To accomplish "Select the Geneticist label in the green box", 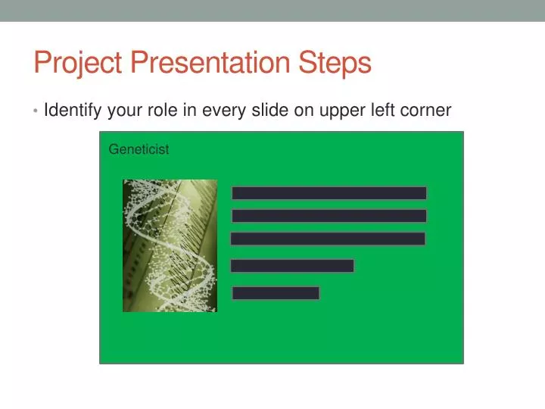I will click(139, 149).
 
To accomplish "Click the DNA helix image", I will click(170, 245).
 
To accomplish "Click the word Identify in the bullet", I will click(73, 111).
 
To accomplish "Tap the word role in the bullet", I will click(160, 111).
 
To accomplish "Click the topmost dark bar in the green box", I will click(329, 193).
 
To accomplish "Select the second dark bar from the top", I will click(329, 216).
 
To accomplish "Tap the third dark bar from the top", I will click(328, 239).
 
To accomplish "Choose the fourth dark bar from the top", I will click(292, 266).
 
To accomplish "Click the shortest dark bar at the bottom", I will click(276, 293).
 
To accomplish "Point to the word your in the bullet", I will click(124, 111).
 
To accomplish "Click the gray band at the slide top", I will click(272, 10).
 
